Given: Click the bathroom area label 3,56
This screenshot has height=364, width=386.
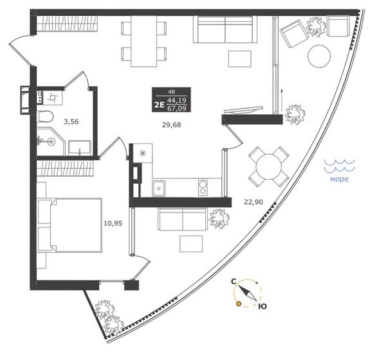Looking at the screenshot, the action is [x=71, y=121].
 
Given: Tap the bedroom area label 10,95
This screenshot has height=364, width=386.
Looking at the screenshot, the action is [x=113, y=223].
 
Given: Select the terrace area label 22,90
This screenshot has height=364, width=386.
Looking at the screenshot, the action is [x=253, y=202].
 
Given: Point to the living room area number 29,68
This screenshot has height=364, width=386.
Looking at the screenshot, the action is [x=172, y=125].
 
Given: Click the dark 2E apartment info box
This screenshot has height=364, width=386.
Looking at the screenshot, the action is [x=171, y=100].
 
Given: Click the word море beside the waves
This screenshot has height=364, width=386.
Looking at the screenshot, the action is [x=339, y=179].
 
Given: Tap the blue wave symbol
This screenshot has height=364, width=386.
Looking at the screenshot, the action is [x=340, y=165].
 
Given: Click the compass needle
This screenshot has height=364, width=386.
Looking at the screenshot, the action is [x=248, y=293].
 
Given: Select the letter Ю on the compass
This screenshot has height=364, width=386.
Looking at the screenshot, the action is [x=262, y=306].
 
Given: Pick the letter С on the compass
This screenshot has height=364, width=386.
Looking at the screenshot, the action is [x=234, y=281].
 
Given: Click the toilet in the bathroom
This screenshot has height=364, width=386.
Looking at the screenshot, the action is [x=45, y=116].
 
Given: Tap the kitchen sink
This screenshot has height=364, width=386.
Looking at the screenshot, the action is [x=159, y=188].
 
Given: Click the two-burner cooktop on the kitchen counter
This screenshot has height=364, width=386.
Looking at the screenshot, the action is [x=203, y=187].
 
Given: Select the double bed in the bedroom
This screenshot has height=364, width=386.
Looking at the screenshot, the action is [x=69, y=225].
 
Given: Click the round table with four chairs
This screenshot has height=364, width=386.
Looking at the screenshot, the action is [x=268, y=167].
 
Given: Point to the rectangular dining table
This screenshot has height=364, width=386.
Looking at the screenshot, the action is [x=144, y=41].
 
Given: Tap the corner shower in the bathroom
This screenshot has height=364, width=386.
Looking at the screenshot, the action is [x=51, y=141].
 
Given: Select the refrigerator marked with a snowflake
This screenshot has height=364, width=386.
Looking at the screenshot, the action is [x=143, y=153].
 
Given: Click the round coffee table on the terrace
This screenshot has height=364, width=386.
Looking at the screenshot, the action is [x=319, y=56].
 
